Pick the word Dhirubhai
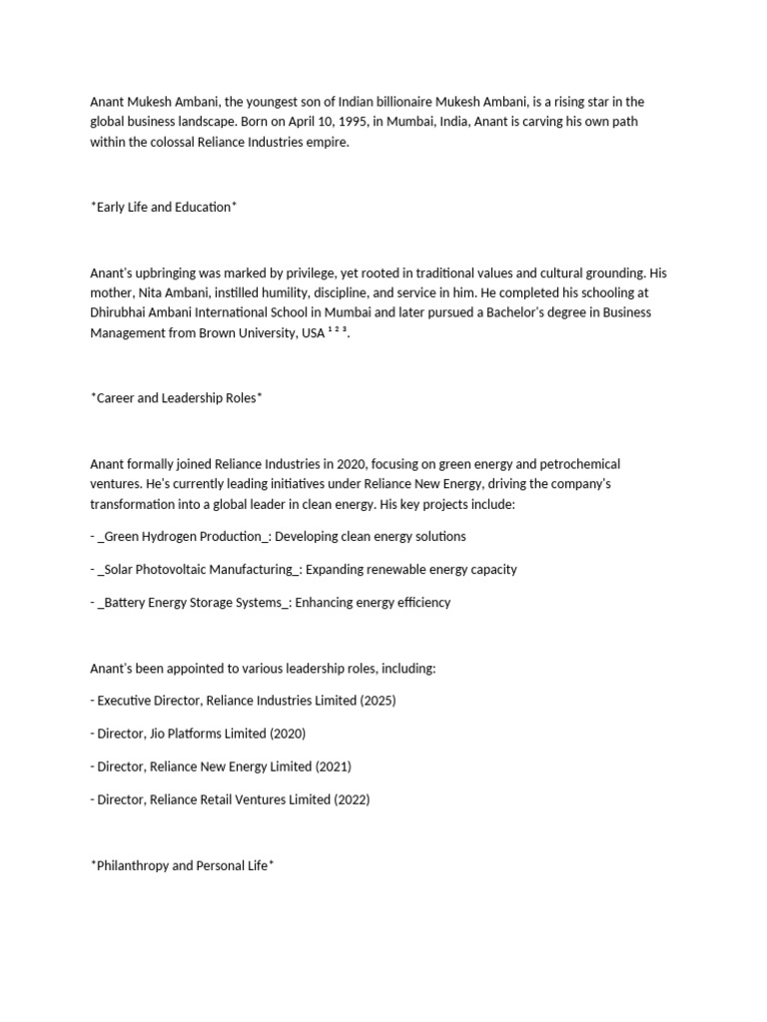(119, 312)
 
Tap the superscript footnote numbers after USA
(338, 330)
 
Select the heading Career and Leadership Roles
(177, 397)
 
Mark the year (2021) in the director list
(333, 766)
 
